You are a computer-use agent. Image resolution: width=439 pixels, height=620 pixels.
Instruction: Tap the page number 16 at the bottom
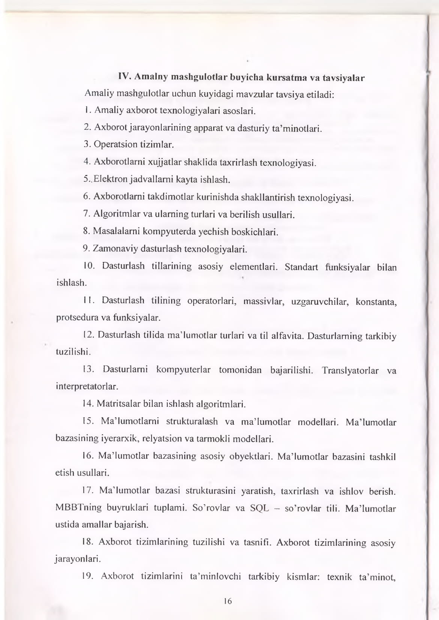[228, 601]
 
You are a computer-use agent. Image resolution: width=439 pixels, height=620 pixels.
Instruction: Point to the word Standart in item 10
[301, 267]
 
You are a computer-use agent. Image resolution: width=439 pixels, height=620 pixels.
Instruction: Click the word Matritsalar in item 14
[119, 404]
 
